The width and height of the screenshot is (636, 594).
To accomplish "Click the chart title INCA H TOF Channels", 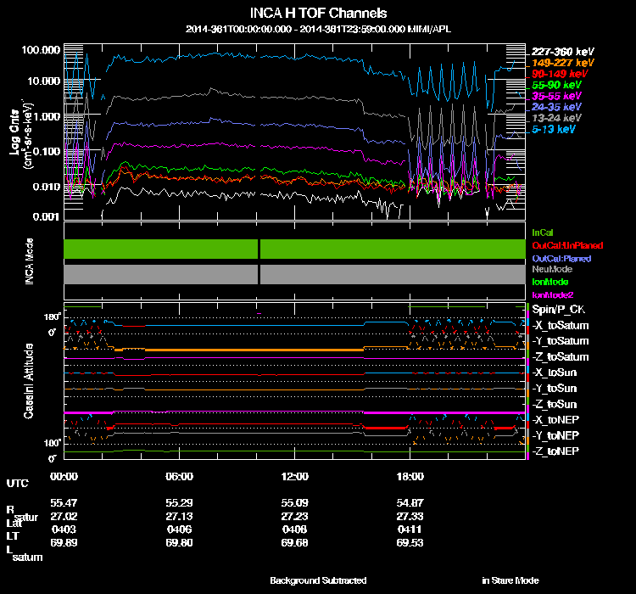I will tap(319, 13).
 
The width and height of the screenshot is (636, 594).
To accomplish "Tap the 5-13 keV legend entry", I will tap(555, 129).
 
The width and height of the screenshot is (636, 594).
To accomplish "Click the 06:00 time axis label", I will tap(181, 477).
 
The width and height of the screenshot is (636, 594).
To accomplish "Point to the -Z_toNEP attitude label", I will tap(556, 451).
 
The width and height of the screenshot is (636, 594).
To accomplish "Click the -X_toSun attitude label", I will tap(555, 373).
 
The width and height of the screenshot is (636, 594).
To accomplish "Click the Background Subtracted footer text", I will tap(319, 580).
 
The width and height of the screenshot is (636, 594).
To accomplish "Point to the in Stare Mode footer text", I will tap(510, 580).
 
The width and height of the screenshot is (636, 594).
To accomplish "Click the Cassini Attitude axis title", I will tap(29, 380).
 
